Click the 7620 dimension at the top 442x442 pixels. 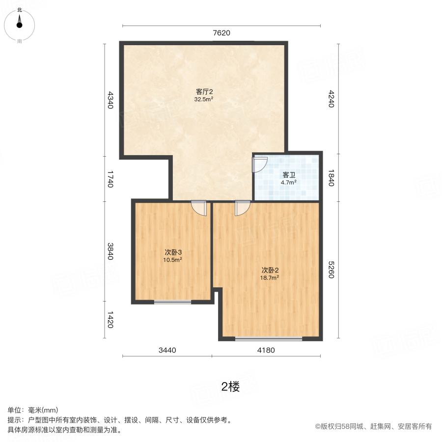221,33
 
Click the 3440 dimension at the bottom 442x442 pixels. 167,350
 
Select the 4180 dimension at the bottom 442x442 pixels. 266,350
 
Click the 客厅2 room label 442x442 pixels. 204,92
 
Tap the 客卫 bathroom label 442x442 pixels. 288,175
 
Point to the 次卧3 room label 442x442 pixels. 173,252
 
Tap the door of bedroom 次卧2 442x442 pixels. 242,208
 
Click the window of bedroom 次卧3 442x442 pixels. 172,302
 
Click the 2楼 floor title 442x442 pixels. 230,387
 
